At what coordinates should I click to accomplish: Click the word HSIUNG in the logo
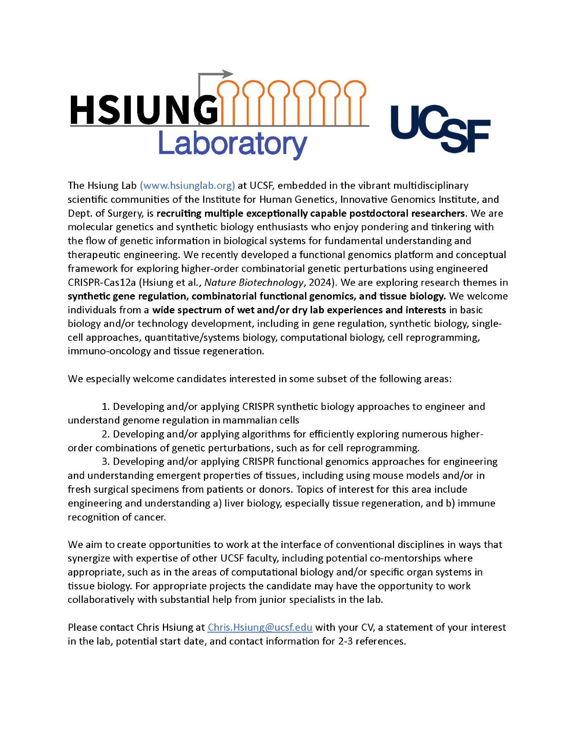(x=144, y=110)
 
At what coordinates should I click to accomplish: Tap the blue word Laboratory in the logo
(x=233, y=144)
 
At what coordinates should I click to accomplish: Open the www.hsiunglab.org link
(x=188, y=185)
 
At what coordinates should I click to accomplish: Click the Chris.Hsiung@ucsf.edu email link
(x=260, y=627)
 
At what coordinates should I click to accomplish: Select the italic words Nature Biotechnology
(x=254, y=282)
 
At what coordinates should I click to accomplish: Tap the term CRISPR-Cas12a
(x=102, y=282)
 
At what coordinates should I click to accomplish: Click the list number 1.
(x=105, y=407)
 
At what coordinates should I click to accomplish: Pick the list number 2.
(x=105, y=434)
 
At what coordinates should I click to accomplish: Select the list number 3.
(x=105, y=462)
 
